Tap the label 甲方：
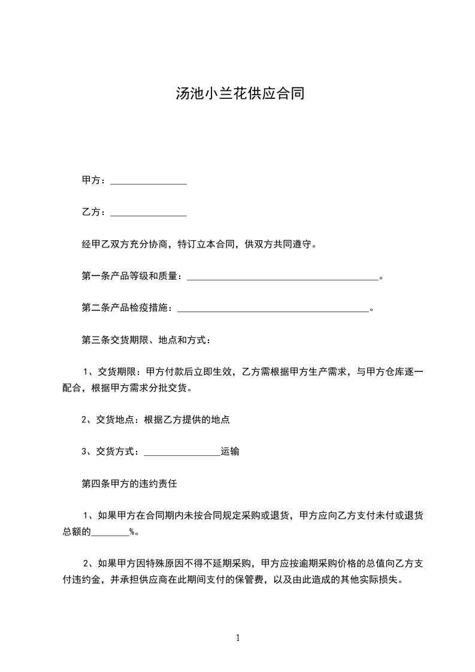[x=95, y=180]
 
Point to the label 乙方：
[x=95, y=212]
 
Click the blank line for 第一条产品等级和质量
[x=283, y=278]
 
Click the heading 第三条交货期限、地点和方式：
[x=146, y=340]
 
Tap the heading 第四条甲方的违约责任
[x=129, y=483]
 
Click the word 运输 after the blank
[x=230, y=452]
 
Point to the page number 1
[x=238, y=637]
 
